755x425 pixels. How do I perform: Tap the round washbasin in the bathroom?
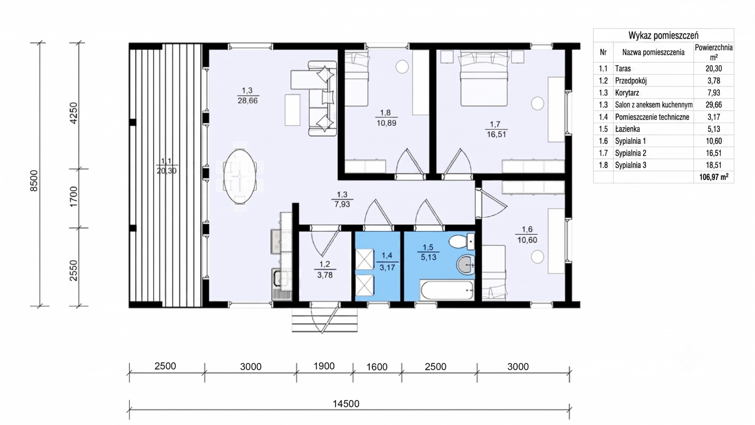(466, 265)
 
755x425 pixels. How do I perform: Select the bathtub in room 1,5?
(447, 290)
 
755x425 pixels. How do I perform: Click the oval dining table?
(240, 176)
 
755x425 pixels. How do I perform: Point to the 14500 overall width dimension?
(346, 404)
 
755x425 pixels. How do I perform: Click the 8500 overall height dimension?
(34, 181)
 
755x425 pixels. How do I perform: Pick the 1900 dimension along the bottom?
(324, 366)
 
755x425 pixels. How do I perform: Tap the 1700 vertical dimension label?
(74, 197)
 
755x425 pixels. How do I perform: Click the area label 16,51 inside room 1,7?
(496, 134)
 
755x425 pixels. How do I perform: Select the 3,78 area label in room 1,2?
(325, 275)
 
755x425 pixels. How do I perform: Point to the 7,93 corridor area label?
(342, 204)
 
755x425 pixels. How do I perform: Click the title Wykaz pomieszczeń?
(663, 36)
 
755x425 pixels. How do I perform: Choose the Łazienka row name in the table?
(627, 129)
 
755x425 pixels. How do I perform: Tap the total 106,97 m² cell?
(714, 177)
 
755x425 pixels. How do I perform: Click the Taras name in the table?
(623, 69)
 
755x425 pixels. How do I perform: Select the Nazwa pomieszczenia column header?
(653, 52)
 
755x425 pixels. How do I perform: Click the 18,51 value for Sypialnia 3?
(714, 166)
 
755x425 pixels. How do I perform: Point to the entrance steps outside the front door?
(324, 323)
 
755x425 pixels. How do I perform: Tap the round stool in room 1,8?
(402, 67)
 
